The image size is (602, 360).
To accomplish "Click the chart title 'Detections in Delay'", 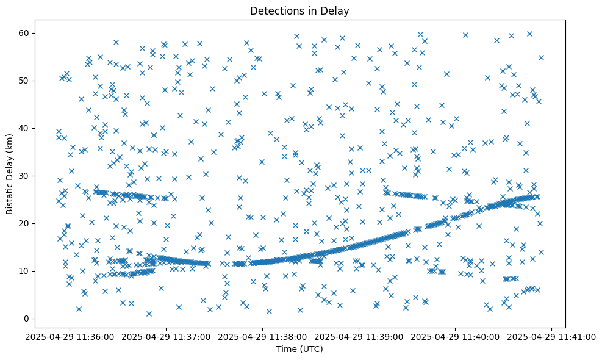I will coord(299,10).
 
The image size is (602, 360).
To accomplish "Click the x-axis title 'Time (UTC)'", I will coord(299,349).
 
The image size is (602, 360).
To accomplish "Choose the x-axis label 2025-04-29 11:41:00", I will coord(552,336).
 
